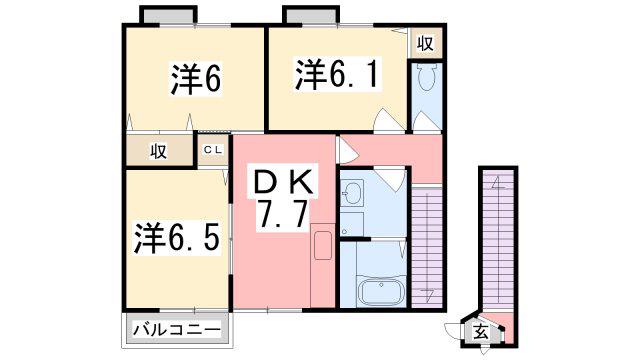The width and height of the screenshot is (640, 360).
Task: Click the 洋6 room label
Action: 196,79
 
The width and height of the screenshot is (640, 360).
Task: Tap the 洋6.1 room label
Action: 338,74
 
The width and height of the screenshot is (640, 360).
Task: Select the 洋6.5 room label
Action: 177,238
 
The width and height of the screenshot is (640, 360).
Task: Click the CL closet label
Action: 213,150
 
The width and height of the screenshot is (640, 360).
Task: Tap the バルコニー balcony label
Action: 177,329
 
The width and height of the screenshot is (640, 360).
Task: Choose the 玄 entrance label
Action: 480,332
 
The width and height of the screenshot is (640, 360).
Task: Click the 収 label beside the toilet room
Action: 425,42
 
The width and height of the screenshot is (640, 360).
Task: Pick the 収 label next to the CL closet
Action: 158,151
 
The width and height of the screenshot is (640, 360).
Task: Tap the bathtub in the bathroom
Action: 381,290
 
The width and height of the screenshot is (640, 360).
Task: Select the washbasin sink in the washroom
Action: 351,192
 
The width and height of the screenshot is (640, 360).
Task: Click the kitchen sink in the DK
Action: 322,245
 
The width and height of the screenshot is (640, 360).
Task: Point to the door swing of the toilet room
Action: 424,122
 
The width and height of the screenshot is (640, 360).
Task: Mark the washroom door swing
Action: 390,179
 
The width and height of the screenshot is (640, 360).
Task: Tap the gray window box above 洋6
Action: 168,16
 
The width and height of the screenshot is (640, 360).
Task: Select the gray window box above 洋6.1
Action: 311,16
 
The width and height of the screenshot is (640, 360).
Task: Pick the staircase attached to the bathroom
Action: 427,246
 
